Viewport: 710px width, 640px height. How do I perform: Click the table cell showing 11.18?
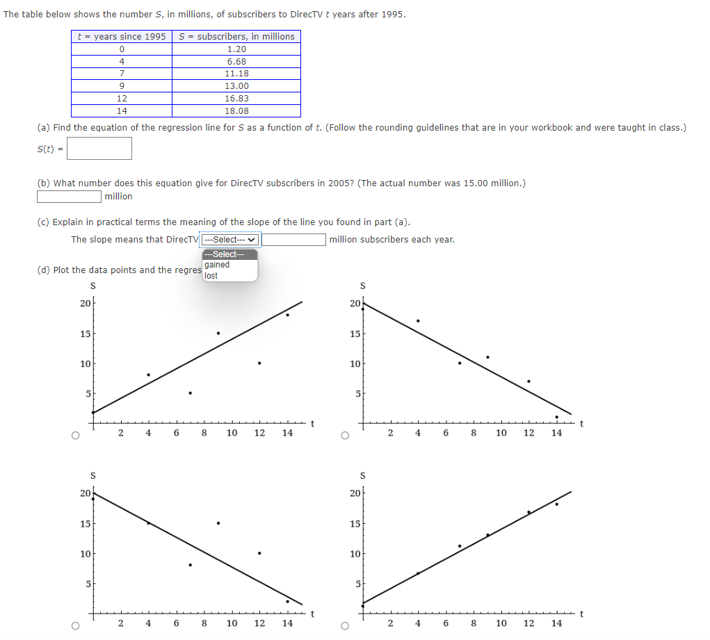coord(236,74)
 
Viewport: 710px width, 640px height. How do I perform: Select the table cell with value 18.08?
coord(236,111)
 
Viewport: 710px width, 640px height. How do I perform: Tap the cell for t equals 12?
coord(122,99)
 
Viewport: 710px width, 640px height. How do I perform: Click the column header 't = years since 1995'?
coord(122,36)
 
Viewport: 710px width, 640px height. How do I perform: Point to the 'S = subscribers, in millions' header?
coord(236,36)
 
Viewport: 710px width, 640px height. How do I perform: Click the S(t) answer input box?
coord(99,148)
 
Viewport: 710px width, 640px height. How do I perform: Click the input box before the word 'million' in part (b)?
coord(70,197)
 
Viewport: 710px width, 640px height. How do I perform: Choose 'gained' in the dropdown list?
coord(217,265)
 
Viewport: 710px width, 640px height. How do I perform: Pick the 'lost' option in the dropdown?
coord(211,276)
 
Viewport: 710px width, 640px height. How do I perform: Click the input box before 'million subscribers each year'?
coord(294,240)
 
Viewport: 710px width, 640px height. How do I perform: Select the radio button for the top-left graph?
coord(74,436)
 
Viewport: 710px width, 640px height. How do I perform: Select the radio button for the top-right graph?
coord(344,436)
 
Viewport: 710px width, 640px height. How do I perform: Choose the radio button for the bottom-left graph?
coord(74,625)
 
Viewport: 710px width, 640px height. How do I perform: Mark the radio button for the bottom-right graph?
coord(344,625)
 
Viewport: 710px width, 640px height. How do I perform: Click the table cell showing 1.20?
coord(236,49)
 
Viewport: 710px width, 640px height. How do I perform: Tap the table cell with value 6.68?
coord(236,62)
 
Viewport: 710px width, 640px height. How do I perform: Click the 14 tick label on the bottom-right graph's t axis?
coord(556,623)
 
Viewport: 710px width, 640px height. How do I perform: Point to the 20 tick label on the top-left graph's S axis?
coord(84,303)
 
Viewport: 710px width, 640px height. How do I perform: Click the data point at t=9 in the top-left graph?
coord(218,333)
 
